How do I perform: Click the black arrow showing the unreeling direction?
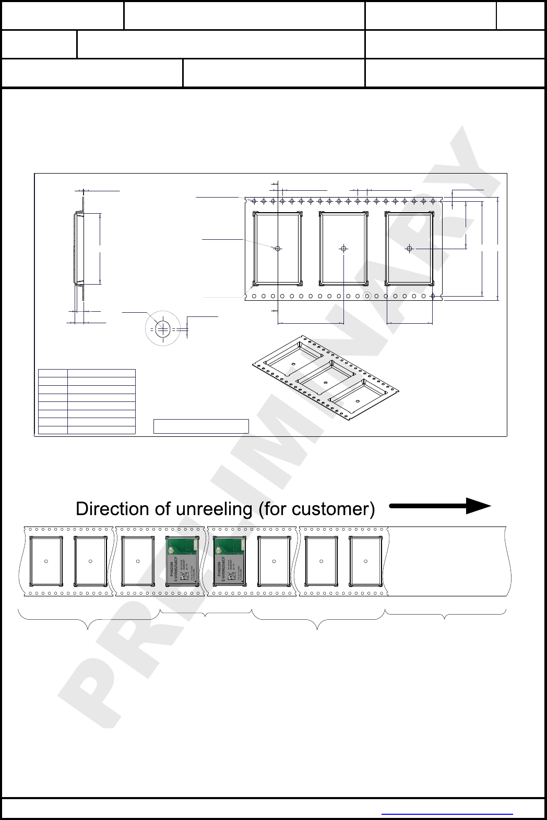pyautogui.click(x=439, y=506)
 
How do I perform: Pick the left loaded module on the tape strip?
pyautogui.click(x=182, y=561)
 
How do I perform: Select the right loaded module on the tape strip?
pyautogui.click(x=230, y=561)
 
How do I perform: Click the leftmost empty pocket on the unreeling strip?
pyautogui.click(x=46, y=561)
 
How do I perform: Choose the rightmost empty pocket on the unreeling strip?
pyautogui.click(x=365, y=561)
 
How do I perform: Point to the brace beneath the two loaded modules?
pyautogui.click(x=206, y=614)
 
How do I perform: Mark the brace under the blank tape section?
pyautogui.click(x=445, y=615)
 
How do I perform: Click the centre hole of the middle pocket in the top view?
pyautogui.click(x=343, y=249)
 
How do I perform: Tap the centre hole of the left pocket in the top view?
pyautogui.click(x=278, y=249)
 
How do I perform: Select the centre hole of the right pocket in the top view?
pyautogui.click(x=409, y=249)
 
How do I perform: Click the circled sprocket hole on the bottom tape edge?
pyautogui.click(x=367, y=296)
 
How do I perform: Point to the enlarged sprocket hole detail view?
pyautogui.click(x=163, y=329)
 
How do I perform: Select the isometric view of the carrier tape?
pyautogui.click(x=325, y=377)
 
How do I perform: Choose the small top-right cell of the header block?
pyautogui.click(x=520, y=16)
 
